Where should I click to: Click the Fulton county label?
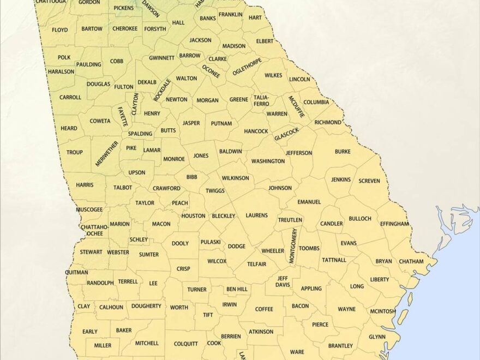click(x=124, y=87)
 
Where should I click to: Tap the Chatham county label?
click(x=411, y=261)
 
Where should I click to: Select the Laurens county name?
click(x=256, y=215)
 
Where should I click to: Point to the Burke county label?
click(x=343, y=152)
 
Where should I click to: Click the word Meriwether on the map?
click(x=107, y=153)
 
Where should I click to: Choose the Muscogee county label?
click(x=89, y=209)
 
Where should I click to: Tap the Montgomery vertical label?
click(x=293, y=246)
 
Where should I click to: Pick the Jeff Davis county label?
click(x=282, y=281)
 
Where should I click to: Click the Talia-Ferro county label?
click(x=261, y=100)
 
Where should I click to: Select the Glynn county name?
click(x=376, y=337)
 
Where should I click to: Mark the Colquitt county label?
click(x=186, y=344)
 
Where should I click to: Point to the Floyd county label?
click(x=60, y=29)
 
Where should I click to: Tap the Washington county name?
click(x=268, y=161)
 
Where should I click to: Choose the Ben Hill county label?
click(x=237, y=289)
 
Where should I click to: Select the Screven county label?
click(x=369, y=181)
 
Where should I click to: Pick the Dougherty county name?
click(x=146, y=307)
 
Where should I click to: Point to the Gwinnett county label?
click(x=161, y=57)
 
